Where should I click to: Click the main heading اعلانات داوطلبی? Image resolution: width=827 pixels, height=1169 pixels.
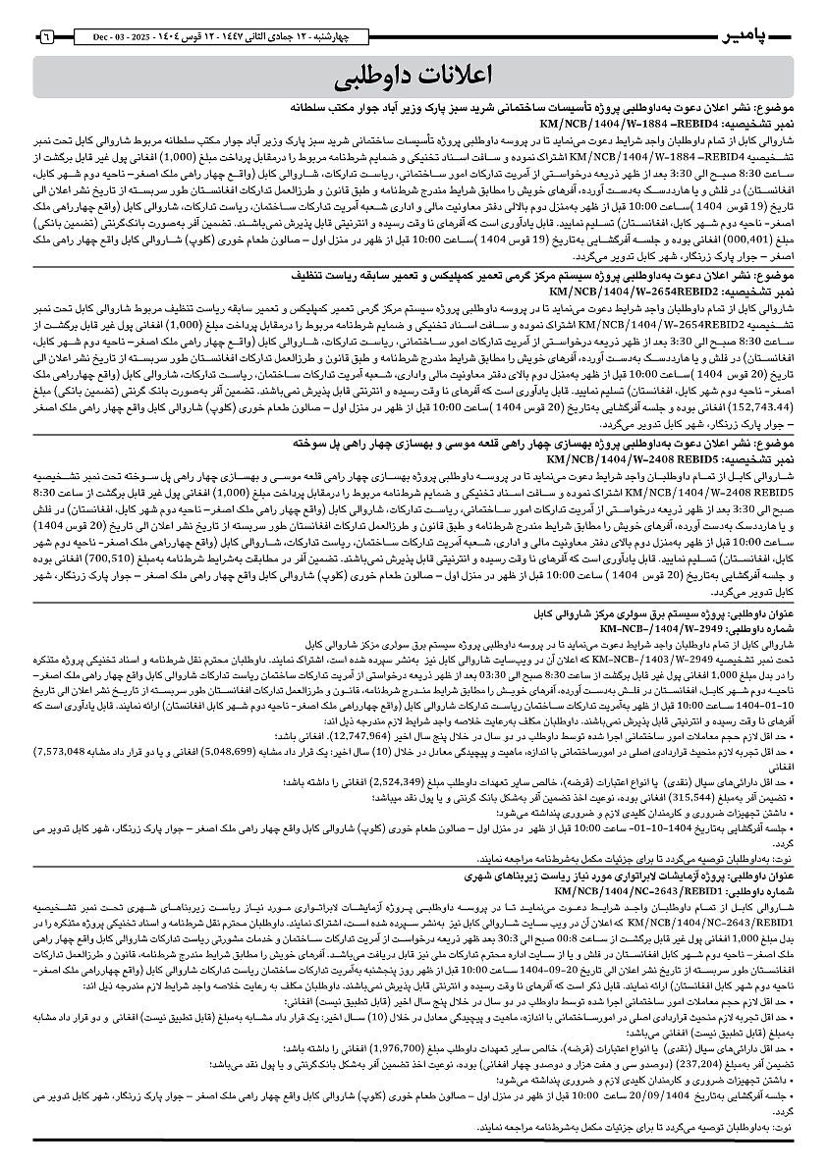click(413, 76)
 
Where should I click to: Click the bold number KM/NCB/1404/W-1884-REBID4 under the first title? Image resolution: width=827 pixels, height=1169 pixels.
click(616, 125)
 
